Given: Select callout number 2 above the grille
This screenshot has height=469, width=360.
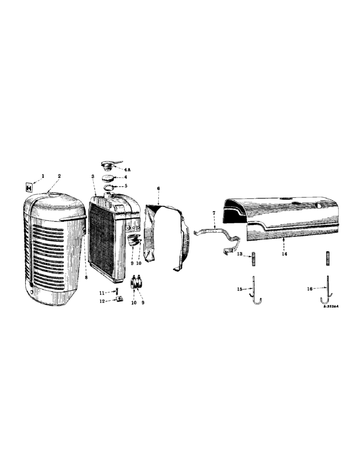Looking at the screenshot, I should [60, 176].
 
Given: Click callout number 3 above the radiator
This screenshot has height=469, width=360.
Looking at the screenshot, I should [93, 176].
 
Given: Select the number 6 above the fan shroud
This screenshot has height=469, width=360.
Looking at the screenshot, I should [158, 188].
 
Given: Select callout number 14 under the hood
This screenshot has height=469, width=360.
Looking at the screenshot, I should [284, 254].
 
